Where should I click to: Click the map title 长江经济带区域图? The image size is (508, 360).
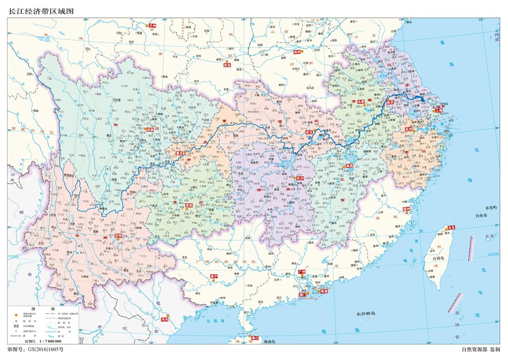(x=41, y=12)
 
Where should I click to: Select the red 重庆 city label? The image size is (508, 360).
(x=179, y=153)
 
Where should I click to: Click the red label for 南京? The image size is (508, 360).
(x=390, y=102)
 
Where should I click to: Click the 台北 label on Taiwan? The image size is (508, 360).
(x=451, y=228)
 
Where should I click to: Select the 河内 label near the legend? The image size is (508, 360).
(x=165, y=319)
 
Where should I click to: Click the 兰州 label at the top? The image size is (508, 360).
(x=152, y=25)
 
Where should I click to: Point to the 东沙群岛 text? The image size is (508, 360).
(x=366, y=314)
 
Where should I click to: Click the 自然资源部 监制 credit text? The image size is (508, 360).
(x=480, y=350)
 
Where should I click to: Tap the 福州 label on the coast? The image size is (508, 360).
(x=407, y=209)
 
